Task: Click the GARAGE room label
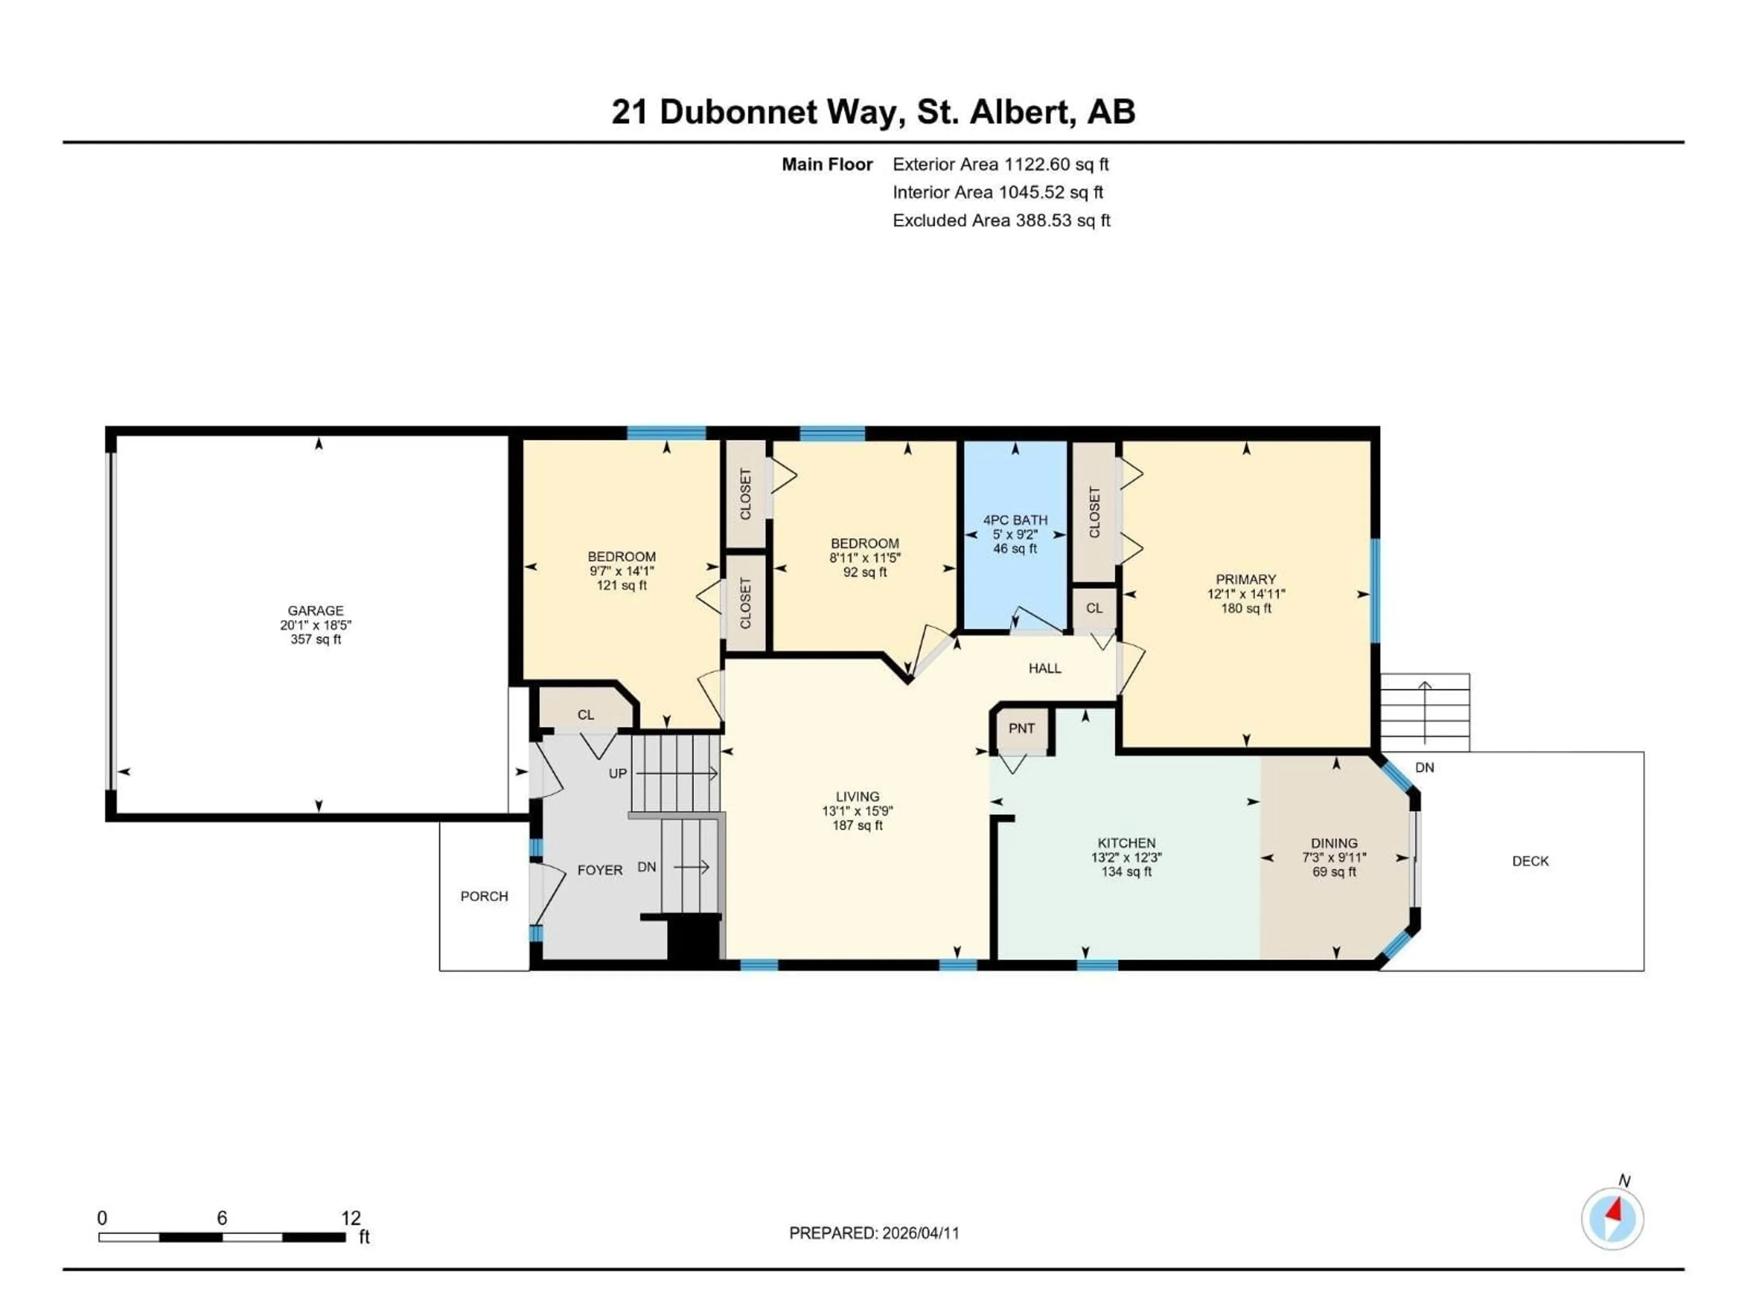point(315,610)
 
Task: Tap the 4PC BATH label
point(1015,520)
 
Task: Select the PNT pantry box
point(1021,729)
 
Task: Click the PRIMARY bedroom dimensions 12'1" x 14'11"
point(1246,594)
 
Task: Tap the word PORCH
point(484,896)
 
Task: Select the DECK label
point(1530,862)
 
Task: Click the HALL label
point(1044,669)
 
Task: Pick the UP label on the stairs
point(618,774)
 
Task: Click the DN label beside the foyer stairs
point(646,867)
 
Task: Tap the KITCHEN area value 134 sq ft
point(1126,872)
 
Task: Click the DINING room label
point(1334,843)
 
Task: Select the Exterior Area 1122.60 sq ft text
point(1000,164)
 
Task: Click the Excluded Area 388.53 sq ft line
point(1000,220)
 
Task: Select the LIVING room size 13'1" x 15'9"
point(857,811)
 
